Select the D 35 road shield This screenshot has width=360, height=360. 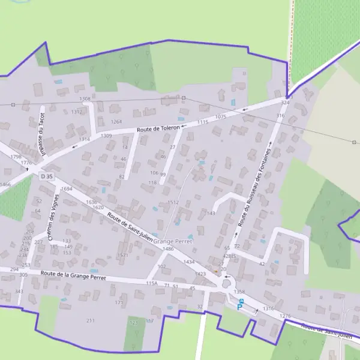click(x=46, y=176)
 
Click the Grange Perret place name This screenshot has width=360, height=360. click(x=172, y=241)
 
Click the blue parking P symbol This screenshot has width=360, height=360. click(x=239, y=307)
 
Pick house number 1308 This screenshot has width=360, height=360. click(x=85, y=98)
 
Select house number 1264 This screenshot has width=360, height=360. click(x=116, y=122)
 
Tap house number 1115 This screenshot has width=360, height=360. click(x=202, y=122)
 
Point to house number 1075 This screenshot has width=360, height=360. click(x=220, y=117)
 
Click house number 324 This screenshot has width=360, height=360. click(x=285, y=103)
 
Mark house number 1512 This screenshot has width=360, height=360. click(x=173, y=203)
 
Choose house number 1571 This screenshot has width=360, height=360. click(x=123, y=255)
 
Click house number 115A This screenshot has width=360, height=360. click(x=151, y=283)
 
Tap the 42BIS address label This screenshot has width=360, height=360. click(x=229, y=256)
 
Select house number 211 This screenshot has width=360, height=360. click(x=90, y=321)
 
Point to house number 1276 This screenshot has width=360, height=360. click(x=285, y=316)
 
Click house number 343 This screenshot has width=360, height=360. click(x=19, y=292)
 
